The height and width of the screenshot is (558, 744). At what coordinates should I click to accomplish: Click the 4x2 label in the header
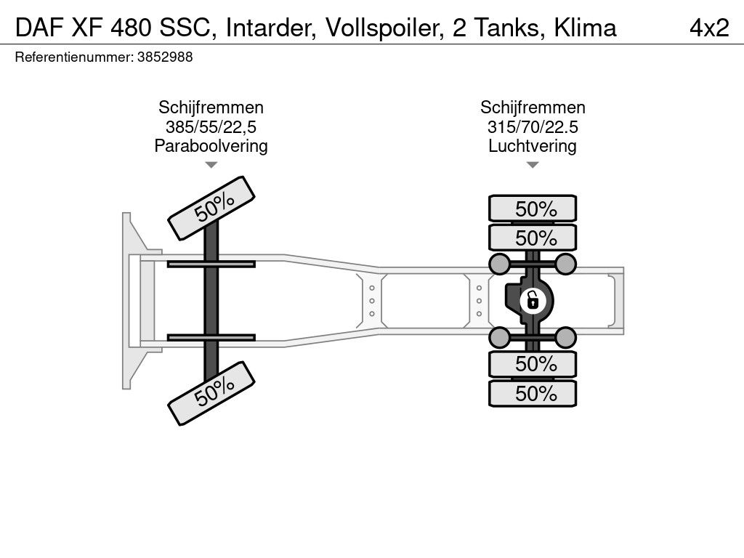point(709,28)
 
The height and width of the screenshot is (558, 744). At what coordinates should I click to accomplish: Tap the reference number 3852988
point(165,57)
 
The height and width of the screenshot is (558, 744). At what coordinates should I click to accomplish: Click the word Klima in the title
point(585,28)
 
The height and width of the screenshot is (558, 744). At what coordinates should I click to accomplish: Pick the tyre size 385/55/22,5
point(211,127)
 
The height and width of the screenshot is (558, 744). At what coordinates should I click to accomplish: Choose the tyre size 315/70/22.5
point(533,127)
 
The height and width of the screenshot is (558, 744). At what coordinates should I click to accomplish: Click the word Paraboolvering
point(211,146)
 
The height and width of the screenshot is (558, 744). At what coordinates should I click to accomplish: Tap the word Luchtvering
point(533,146)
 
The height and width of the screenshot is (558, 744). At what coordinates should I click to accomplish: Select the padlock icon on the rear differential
point(533,300)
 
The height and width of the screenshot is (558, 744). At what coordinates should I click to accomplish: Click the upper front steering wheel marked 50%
point(211,209)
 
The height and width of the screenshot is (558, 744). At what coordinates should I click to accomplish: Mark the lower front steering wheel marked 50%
point(211,393)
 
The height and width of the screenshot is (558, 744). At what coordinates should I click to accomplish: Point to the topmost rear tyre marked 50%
point(533,209)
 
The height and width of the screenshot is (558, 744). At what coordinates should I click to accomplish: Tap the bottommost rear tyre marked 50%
point(533,393)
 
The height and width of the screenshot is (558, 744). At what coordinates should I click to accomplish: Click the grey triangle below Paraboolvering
point(211,165)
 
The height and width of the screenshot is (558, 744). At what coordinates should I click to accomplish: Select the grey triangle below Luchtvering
point(533,165)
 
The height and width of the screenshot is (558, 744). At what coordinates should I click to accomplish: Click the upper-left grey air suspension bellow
point(500,264)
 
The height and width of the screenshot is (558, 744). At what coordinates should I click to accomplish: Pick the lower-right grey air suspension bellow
point(565,337)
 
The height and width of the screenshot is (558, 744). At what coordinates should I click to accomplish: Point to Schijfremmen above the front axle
point(211,108)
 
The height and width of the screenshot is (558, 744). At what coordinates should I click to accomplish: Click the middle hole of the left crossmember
point(372,301)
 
